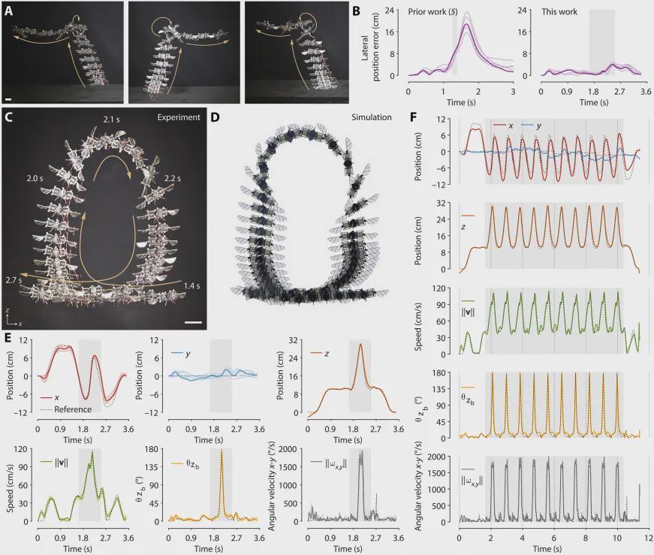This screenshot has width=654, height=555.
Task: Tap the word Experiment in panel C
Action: point(178,118)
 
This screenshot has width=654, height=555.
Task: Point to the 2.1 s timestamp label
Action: point(113,119)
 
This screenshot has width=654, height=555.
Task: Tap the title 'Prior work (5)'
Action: point(434,13)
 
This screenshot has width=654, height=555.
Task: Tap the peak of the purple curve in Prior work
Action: point(466,25)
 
